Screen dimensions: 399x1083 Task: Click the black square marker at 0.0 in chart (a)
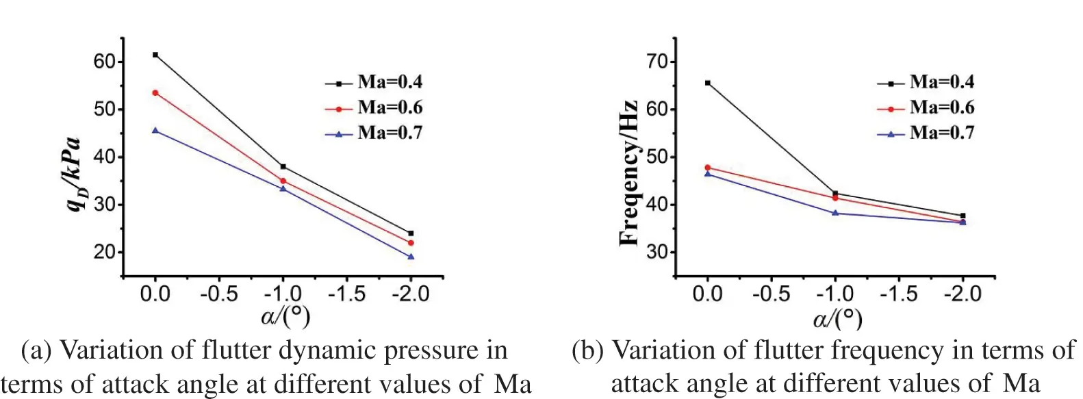pyautogui.click(x=155, y=55)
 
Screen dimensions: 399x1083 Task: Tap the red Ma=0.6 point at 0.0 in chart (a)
pyautogui.click(x=155, y=92)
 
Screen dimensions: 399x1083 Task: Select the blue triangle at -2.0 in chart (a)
pyautogui.click(x=411, y=257)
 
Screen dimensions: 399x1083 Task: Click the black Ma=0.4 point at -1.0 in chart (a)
pyautogui.click(x=283, y=166)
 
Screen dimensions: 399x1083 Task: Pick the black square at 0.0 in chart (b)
pyautogui.click(x=707, y=83)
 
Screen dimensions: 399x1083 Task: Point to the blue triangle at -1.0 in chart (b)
pyautogui.click(x=835, y=213)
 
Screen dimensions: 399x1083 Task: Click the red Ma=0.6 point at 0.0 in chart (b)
pyautogui.click(x=707, y=168)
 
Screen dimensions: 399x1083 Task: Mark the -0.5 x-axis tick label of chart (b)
pyautogui.click(x=771, y=294)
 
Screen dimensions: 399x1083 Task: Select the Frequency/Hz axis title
pyautogui.click(x=628, y=173)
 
